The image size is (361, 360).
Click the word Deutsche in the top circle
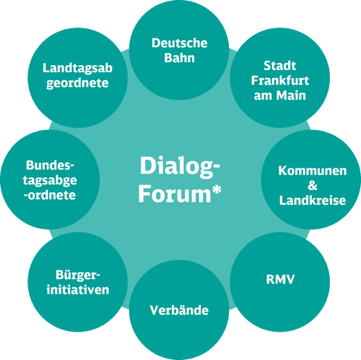coord(180,43)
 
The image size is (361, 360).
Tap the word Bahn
coord(180,58)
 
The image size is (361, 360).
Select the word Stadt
coord(280,66)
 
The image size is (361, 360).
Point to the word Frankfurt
coord(280,80)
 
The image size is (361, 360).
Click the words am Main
coord(280,95)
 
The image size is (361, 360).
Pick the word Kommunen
coord(313,171)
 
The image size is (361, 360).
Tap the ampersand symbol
coord(313,186)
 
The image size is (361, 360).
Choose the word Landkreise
coord(313,200)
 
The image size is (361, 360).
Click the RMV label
coord(280,280)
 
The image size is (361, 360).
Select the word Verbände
coord(179,310)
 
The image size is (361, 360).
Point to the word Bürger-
coord(78,275)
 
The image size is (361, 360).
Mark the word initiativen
coord(78,290)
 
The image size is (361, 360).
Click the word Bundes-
coord(50,166)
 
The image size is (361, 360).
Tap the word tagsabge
coord(50,181)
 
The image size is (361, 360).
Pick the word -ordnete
coord(50,195)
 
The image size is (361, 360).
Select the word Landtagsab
coord(77,68)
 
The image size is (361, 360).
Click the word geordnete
coord(77,83)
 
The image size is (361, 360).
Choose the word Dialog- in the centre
coord(180,167)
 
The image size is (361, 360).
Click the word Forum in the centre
coord(175,194)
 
